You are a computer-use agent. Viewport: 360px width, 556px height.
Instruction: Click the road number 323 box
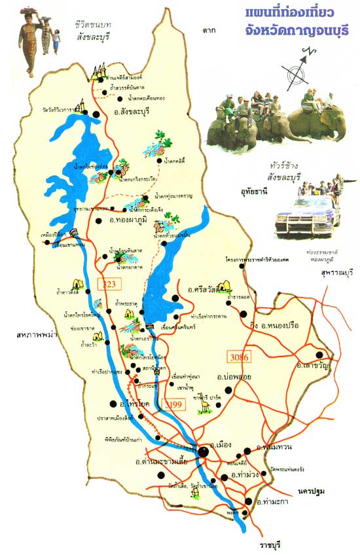point(107,284)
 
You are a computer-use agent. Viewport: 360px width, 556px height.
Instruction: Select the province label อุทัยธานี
point(249,194)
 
